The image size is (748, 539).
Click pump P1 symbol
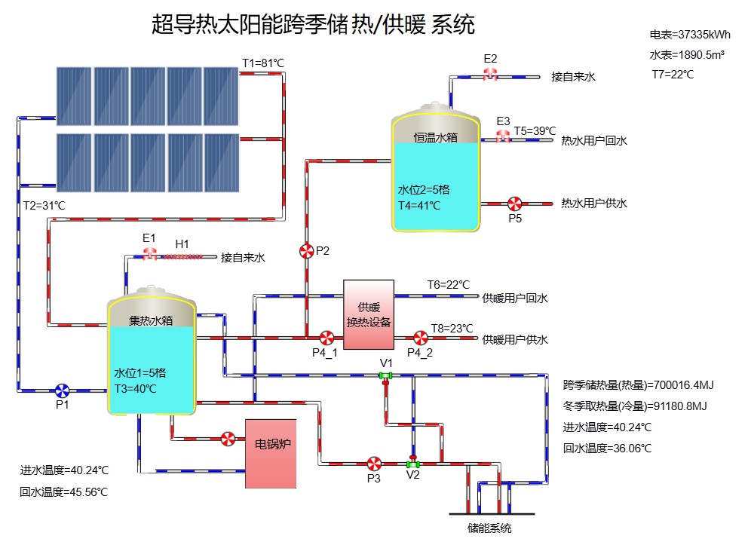63,390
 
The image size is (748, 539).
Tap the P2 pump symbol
306,251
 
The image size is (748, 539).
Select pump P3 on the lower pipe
373,462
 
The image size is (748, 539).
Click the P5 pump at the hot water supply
515,204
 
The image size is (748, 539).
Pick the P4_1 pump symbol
326,337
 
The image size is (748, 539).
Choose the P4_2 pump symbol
421,337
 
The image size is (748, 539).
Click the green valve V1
385,375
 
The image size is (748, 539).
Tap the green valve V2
412,463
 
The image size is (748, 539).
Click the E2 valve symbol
491,74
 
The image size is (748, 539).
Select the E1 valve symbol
150,254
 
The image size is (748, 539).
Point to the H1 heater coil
183,256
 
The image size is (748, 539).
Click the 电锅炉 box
270,453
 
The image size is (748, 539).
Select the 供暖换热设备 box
369,315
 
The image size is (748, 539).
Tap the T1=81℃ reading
262,63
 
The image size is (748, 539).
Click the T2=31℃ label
44,205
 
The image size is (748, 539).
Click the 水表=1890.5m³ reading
687,55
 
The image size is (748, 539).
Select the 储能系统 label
489,528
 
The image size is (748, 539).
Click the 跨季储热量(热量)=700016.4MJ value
638,385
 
